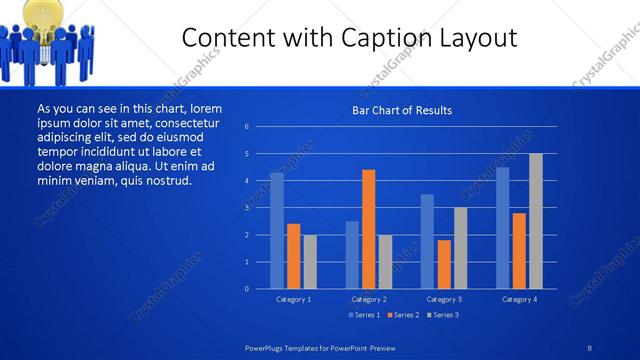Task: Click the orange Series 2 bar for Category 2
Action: coord(369,229)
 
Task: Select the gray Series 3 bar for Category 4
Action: coord(535,221)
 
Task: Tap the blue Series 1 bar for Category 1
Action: coord(277,231)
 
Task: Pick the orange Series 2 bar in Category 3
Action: coord(444,264)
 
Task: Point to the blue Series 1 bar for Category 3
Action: coord(427,241)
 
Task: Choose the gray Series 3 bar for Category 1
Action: coord(310,262)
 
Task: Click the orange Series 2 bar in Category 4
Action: coord(518,250)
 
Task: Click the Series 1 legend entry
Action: coord(363,315)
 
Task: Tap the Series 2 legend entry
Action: coord(402,315)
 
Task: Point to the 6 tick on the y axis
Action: coord(246,127)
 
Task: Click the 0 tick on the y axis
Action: coord(246,289)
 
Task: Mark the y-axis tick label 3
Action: coord(246,208)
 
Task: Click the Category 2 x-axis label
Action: coord(369,299)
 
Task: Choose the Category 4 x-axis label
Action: coord(518,299)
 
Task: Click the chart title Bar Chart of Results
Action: coord(402,110)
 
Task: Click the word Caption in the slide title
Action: coord(380,39)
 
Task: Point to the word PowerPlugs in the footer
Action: coord(268,347)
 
